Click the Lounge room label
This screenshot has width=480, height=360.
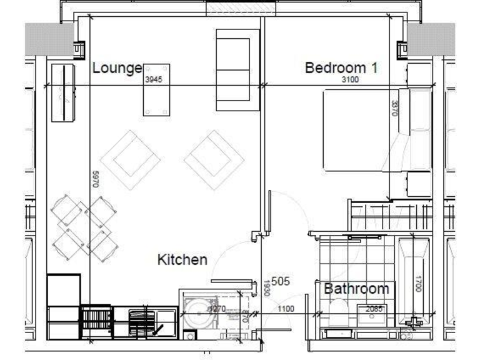coord(117,68)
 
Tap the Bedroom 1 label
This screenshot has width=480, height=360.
coord(341,68)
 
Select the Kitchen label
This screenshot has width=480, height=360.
coord(182,259)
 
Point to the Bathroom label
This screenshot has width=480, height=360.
coord(356,289)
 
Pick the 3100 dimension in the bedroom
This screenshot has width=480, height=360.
coord(350,80)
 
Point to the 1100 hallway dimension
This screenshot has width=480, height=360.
coord(286,308)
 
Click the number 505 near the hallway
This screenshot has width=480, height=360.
coord(281,282)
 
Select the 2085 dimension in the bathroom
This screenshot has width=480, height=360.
coord(374,308)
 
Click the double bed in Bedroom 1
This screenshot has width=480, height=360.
coord(369,130)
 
